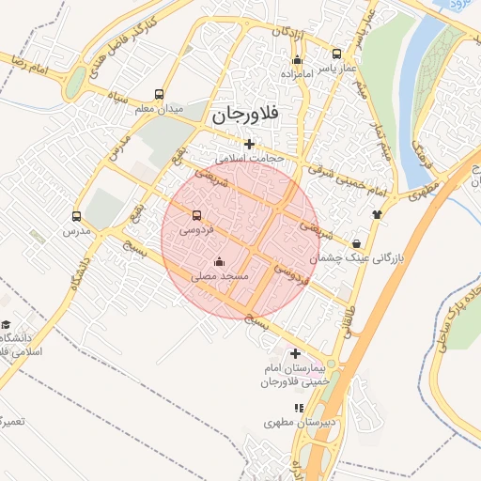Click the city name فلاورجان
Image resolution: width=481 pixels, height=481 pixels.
[246, 115]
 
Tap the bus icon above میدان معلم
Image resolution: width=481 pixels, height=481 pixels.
[158, 95]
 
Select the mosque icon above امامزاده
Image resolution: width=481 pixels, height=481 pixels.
[297, 60]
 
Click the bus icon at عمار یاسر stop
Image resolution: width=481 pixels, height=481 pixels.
[337, 54]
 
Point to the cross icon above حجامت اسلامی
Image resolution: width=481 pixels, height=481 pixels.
[249, 144]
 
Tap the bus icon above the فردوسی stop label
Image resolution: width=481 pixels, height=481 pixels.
[196, 214]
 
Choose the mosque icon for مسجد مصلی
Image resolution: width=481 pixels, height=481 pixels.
[220, 261]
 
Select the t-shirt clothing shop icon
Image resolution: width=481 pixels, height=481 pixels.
[377, 213]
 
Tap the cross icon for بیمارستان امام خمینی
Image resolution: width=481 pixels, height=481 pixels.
[296, 354]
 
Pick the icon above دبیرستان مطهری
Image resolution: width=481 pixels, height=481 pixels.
[299, 408]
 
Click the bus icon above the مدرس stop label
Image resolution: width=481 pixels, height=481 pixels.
[77, 216]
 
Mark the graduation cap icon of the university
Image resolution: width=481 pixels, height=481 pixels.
[7, 325]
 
